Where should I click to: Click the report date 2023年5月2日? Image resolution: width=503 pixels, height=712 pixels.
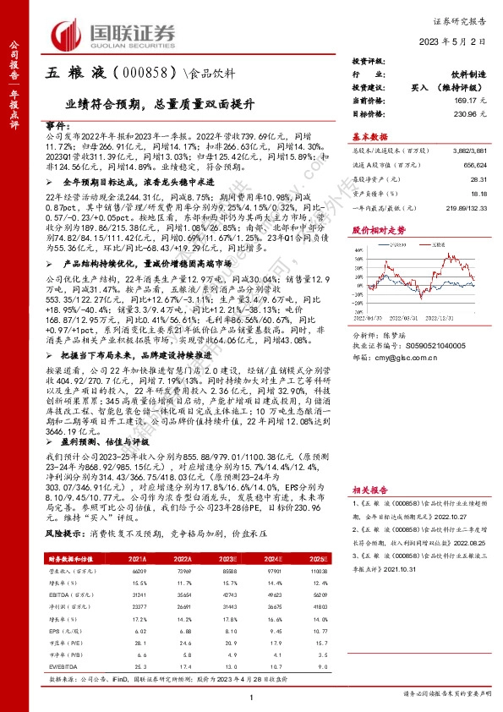coord(455,41)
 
